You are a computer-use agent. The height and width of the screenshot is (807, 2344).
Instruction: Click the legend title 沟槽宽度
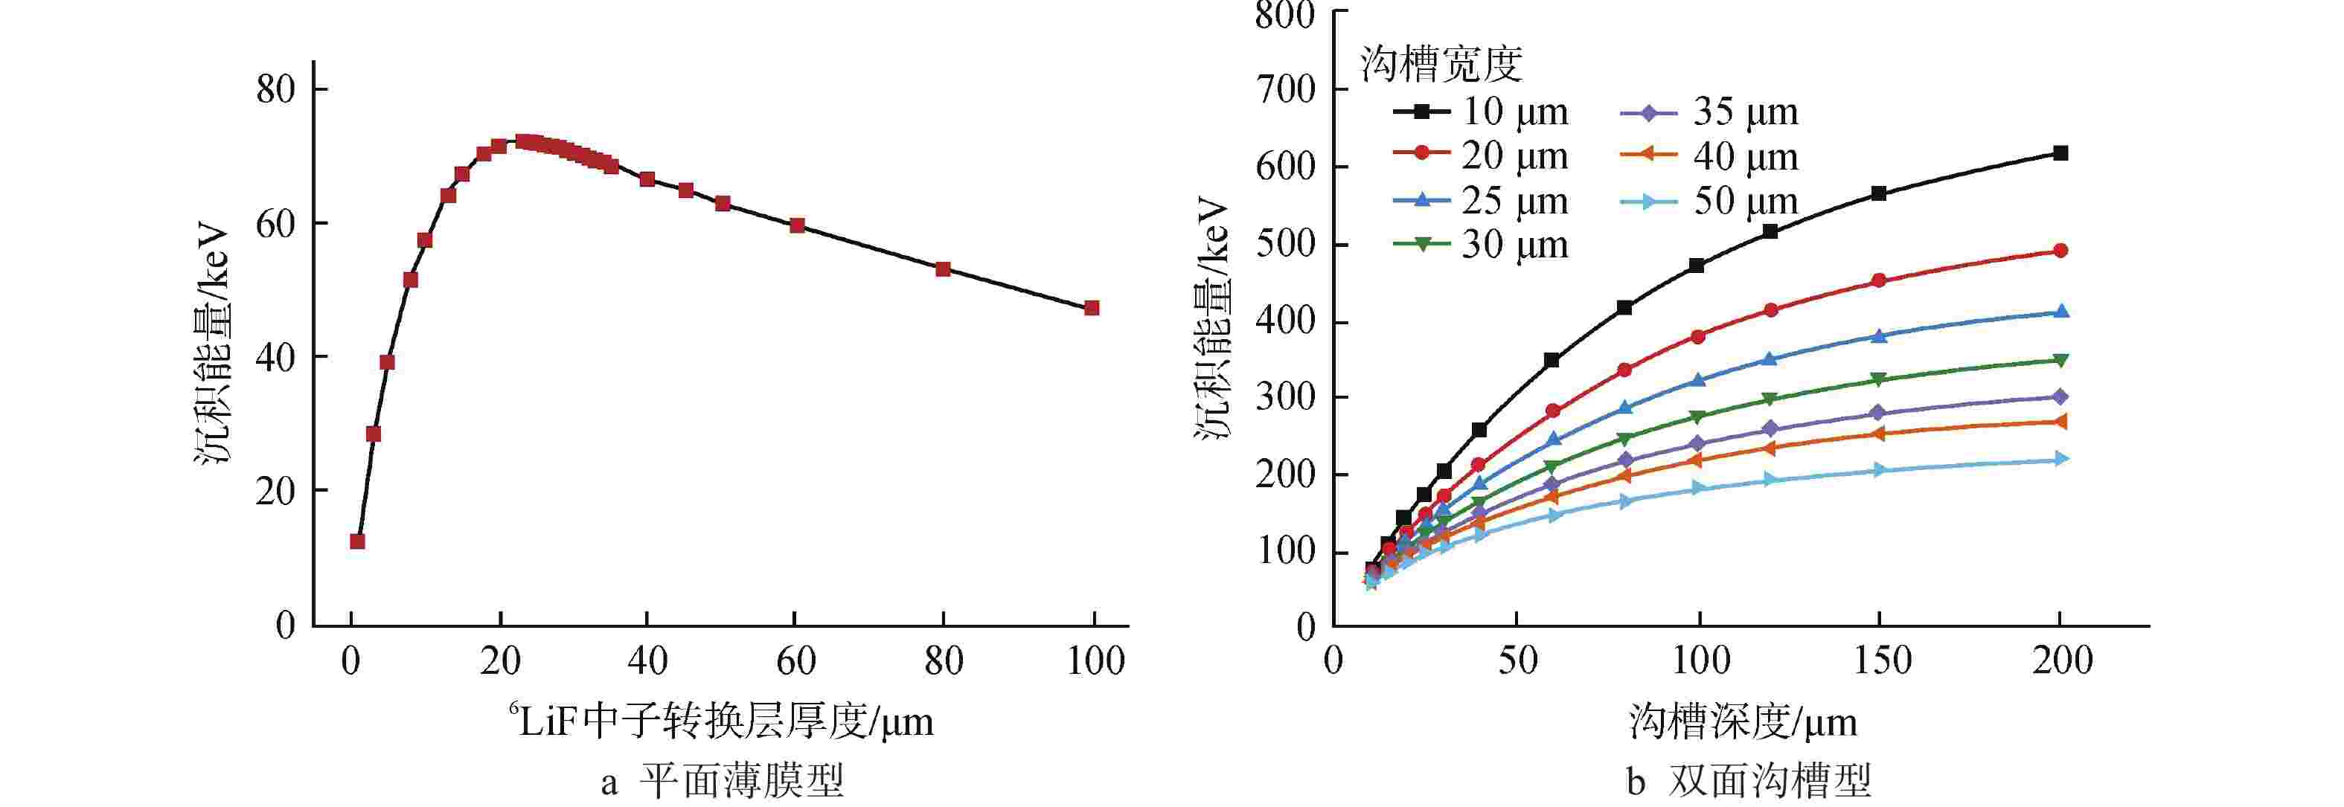(1441, 64)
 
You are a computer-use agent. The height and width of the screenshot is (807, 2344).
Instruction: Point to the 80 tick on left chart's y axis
(276, 89)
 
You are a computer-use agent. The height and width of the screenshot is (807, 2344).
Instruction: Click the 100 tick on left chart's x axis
(1095, 660)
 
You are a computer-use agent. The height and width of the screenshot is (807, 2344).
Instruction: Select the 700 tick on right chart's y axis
(1285, 89)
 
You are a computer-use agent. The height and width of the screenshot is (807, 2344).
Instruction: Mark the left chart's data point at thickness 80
(944, 269)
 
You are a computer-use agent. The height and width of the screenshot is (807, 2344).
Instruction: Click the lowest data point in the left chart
(358, 541)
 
